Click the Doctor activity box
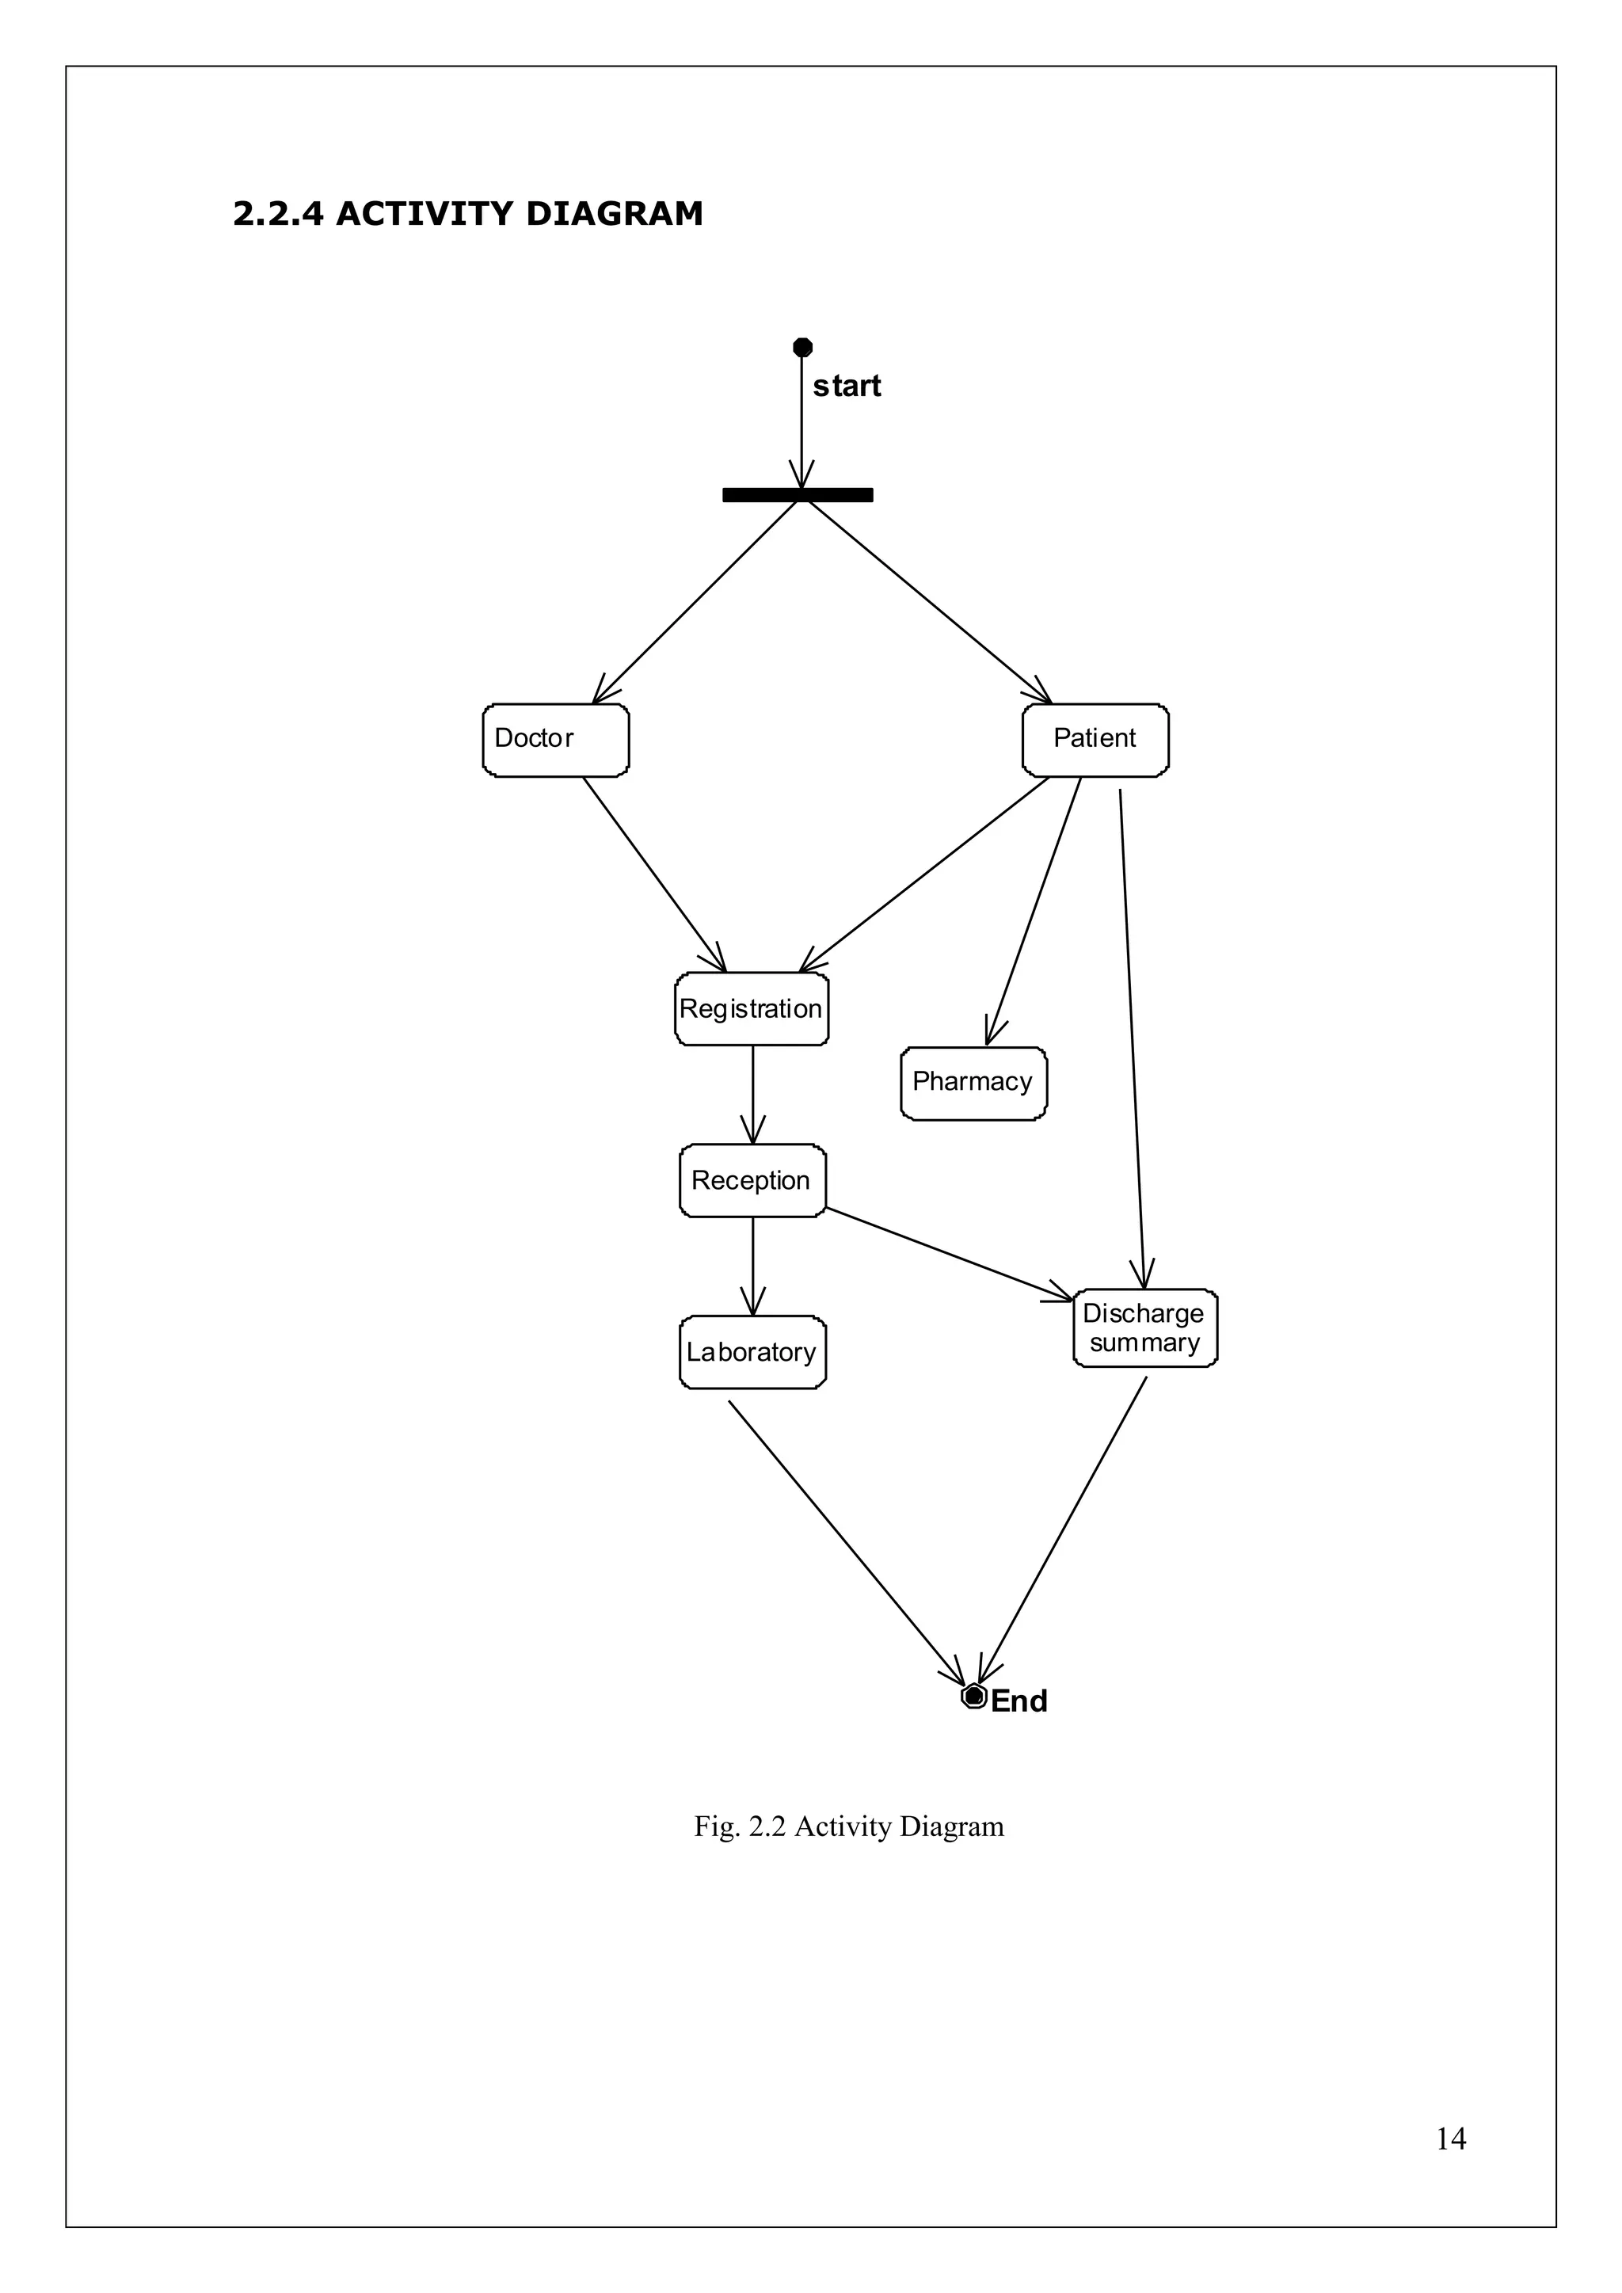[x=555, y=740]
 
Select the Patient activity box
[x=1095, y=740]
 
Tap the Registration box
[x=751, y=1010]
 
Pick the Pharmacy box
[x=973, y=1084]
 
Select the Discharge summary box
[x=1144, y=1328]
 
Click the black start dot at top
[x=802, y=348]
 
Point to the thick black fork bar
[x=797, y=494]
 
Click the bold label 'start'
[x=847, y=387]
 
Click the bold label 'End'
[x=1019, y=1702]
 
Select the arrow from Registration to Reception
[x=752, y=1095]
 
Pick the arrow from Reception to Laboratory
[x=752, y=1266]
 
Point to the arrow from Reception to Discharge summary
[x=949, y=1253]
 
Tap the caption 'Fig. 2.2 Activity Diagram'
[x=849, y=1826]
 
